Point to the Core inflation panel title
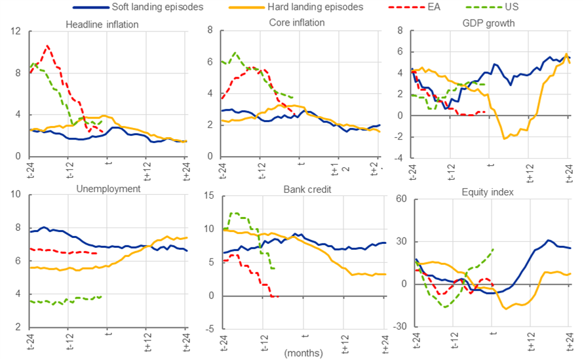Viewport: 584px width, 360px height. click(x=297, y=22)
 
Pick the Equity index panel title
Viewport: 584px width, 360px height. click(x=488, y=192)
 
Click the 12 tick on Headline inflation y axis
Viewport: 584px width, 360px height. click(x=16, y=31)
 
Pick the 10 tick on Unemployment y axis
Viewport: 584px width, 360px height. click(x=16, y=194)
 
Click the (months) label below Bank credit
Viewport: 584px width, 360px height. click(x=303, y=353)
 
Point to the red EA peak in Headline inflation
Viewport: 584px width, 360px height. click(x=47, y=46)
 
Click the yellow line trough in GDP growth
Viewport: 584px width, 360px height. click(x=504, y=138)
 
